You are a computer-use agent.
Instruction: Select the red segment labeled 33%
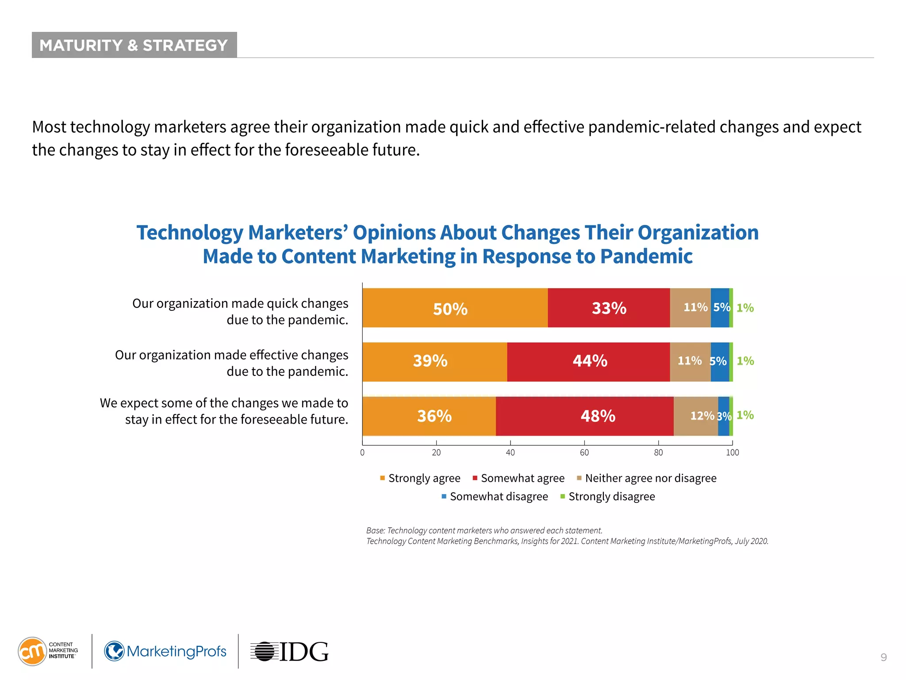click(x=608, y=308)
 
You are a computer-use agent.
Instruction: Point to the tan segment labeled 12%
click(x=696, y=416)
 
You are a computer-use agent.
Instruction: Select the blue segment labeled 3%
click(x=724, y=416)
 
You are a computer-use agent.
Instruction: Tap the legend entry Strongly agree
click(x=420, y=478)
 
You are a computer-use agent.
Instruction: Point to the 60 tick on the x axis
click(x=584, y=452)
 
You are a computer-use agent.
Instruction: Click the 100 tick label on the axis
click(x=732, y=452)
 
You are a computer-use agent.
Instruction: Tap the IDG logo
click(x=290, y=652)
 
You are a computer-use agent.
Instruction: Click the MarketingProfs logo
click(x=165, y=651)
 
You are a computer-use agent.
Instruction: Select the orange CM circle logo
click(x=32, y=651)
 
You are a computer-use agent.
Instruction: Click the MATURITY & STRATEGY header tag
click(x=134, y=45)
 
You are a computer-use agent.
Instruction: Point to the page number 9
click(x=883, y=657)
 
